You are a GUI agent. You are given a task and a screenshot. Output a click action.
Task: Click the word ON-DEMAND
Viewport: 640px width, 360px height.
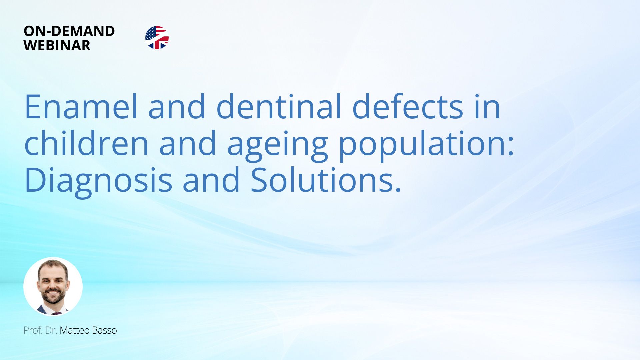tap(69, 31)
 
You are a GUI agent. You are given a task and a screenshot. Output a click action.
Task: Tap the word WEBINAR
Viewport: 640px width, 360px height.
tap(57, 45)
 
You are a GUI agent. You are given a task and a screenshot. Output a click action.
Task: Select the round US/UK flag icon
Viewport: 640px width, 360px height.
tap(157, 38)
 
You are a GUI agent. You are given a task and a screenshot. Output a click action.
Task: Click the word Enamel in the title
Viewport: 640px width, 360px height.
tap(81, 106)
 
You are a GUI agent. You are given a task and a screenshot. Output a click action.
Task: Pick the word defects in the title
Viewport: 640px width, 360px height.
tap(408, 106)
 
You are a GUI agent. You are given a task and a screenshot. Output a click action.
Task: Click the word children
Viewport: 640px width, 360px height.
tap(86, 143)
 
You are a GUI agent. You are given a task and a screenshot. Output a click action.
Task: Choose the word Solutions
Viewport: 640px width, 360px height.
tap(322, 180)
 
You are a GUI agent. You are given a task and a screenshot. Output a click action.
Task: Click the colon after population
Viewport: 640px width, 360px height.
tap(511, 147)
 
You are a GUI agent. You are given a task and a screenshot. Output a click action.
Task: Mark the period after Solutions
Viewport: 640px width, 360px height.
tap(398, 190)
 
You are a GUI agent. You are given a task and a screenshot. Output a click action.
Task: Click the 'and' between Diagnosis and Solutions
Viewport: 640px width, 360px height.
tap(211, 180)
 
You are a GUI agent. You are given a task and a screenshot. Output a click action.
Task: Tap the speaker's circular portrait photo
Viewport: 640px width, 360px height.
tap(53, 287)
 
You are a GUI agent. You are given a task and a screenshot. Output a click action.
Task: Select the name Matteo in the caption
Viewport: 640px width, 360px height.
tap(75, 330)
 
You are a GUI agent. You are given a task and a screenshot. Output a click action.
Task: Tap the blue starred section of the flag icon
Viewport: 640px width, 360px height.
tap(151, 33)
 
